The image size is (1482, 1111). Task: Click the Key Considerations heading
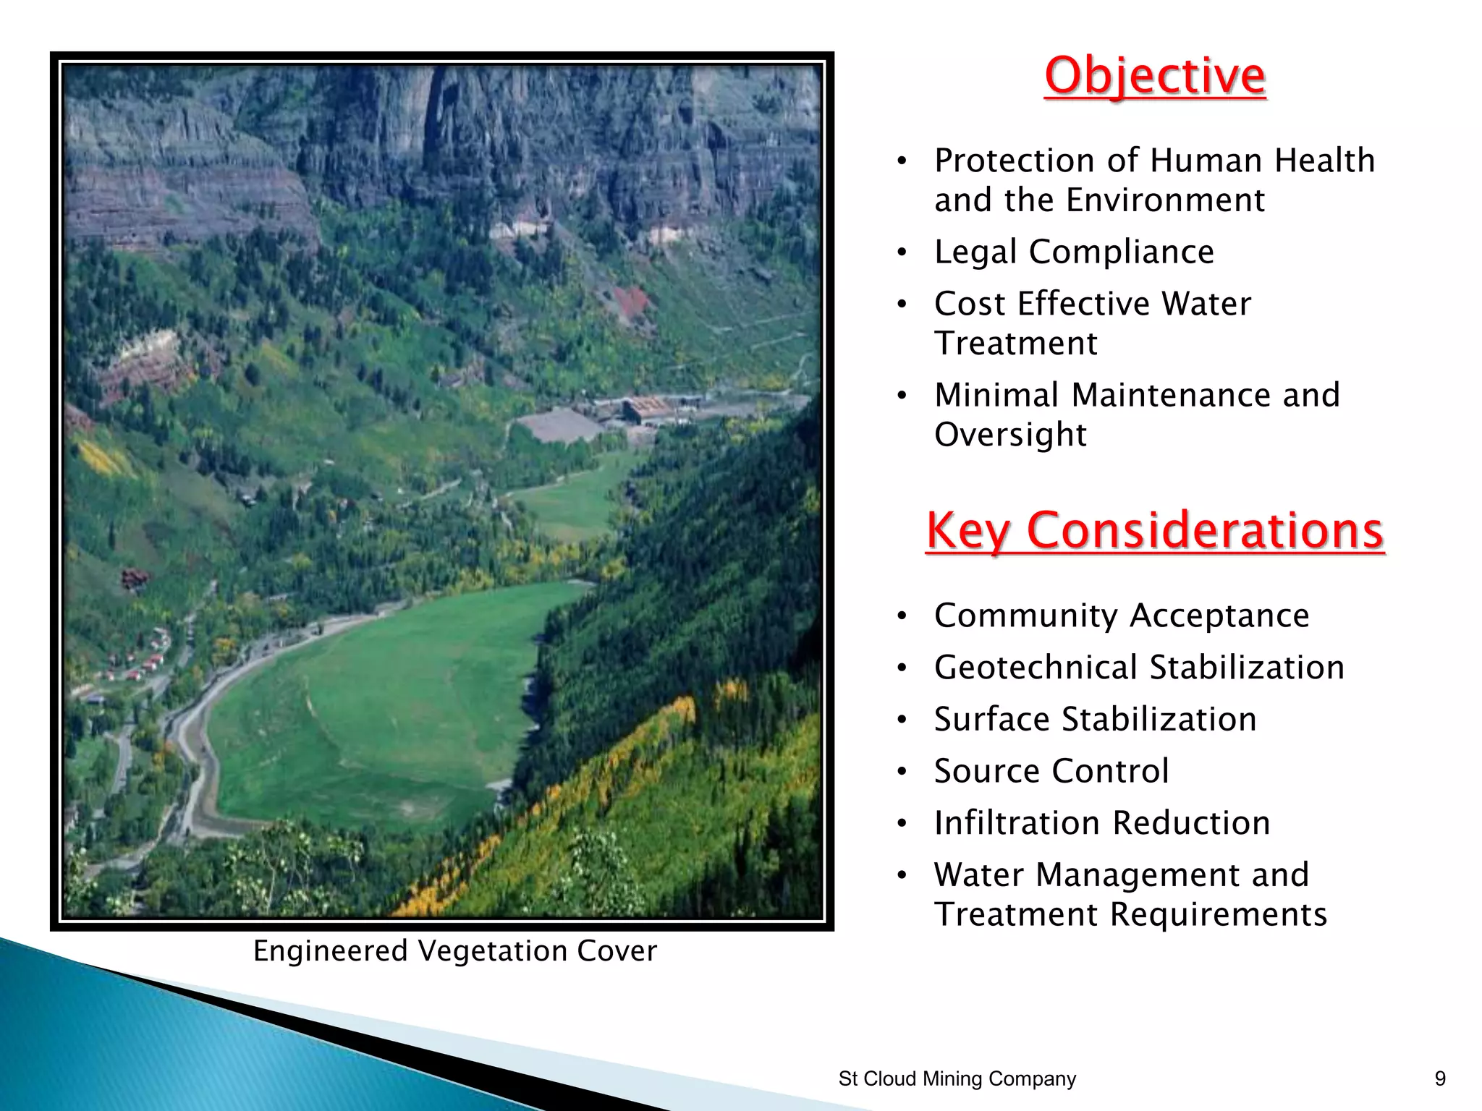click(x=1155, y=530)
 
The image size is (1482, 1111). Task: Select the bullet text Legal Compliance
click(x=1074, y=252)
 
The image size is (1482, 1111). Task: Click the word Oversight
click(x=1010, y=435)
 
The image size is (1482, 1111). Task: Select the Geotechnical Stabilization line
click(x=1139, y=667)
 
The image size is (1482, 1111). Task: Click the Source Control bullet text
click(x=1051, y=771)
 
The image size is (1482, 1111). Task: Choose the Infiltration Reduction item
click(x=1102, y=823)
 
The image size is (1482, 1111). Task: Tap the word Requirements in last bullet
click(x=1218, y=914)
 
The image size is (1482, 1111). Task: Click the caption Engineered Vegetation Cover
click(x=455, y=950)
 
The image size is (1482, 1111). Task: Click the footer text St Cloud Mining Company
click(x=957, y=1078)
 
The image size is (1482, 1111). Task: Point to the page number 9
click(x=1440, y=1078)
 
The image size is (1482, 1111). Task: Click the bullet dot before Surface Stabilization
click(x=902, y=720)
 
